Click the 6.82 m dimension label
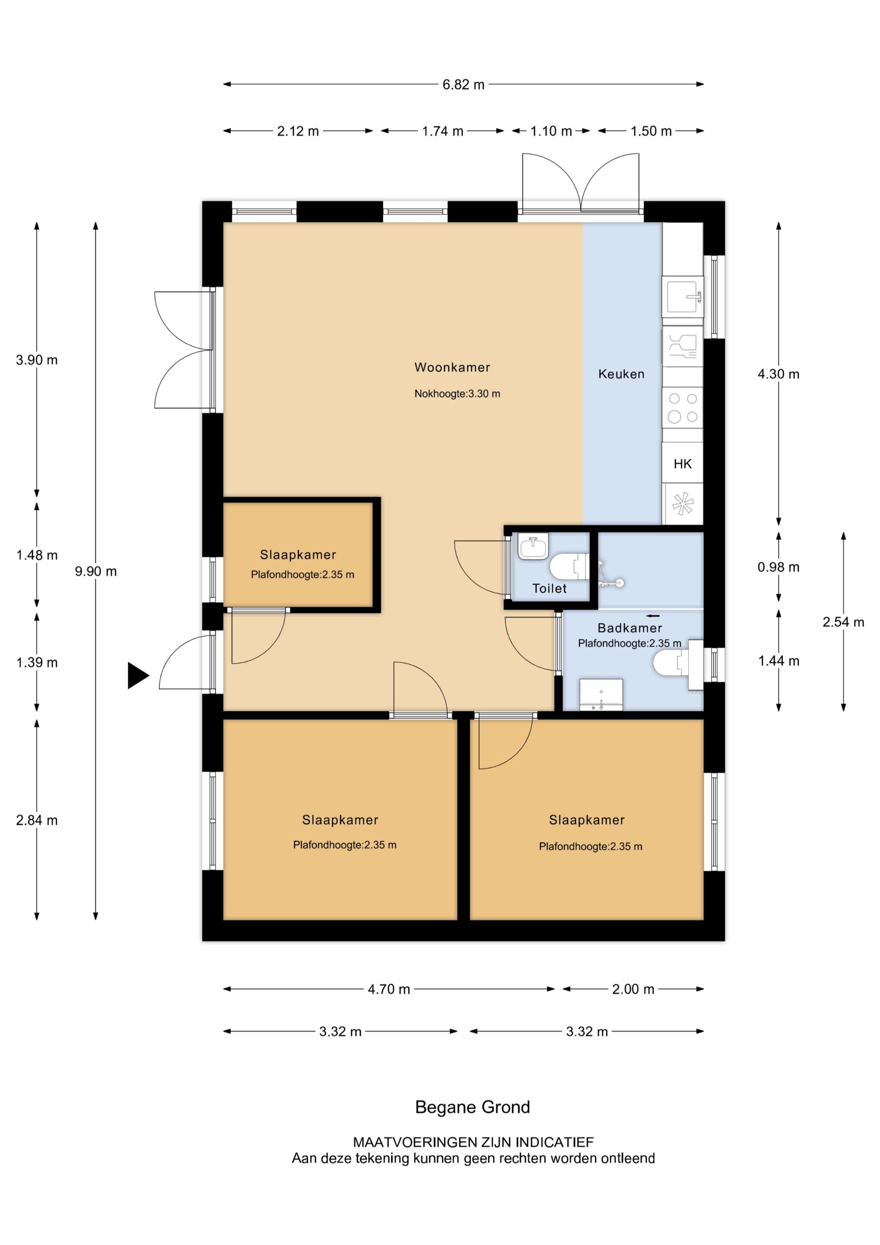[463, 85]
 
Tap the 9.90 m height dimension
[95, 571]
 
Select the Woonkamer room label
[452, 367]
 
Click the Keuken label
[621, 373]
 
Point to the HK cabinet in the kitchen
[682, 463]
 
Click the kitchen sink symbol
[683, 297]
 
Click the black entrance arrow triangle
[137, 675]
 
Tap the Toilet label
[549, 588]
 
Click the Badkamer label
[630, 628]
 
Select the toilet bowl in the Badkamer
[667, 663]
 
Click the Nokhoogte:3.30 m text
[457, 393]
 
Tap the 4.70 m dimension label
[389, 989]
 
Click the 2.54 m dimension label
[843, 622]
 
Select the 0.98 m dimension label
[778, 567]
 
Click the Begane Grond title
[472, 1107]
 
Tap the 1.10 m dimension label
[551, 131]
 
